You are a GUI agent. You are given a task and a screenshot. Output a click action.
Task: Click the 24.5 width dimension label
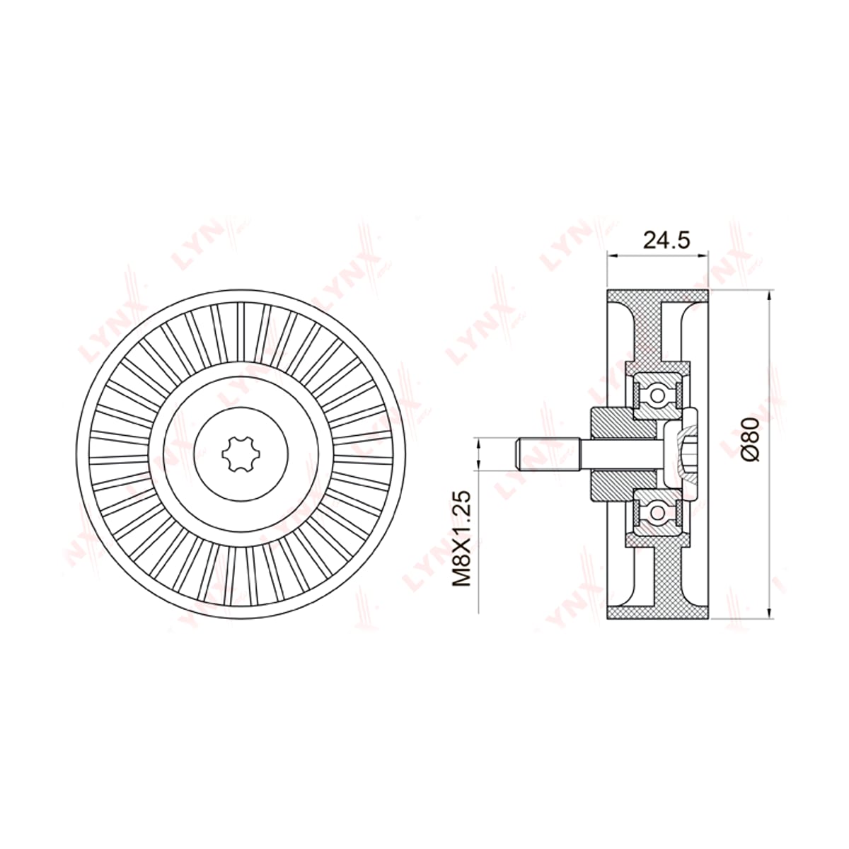666,240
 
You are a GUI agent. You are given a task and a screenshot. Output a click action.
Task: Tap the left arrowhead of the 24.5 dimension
613,255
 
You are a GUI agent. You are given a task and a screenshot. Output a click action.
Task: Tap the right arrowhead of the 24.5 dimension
703,255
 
